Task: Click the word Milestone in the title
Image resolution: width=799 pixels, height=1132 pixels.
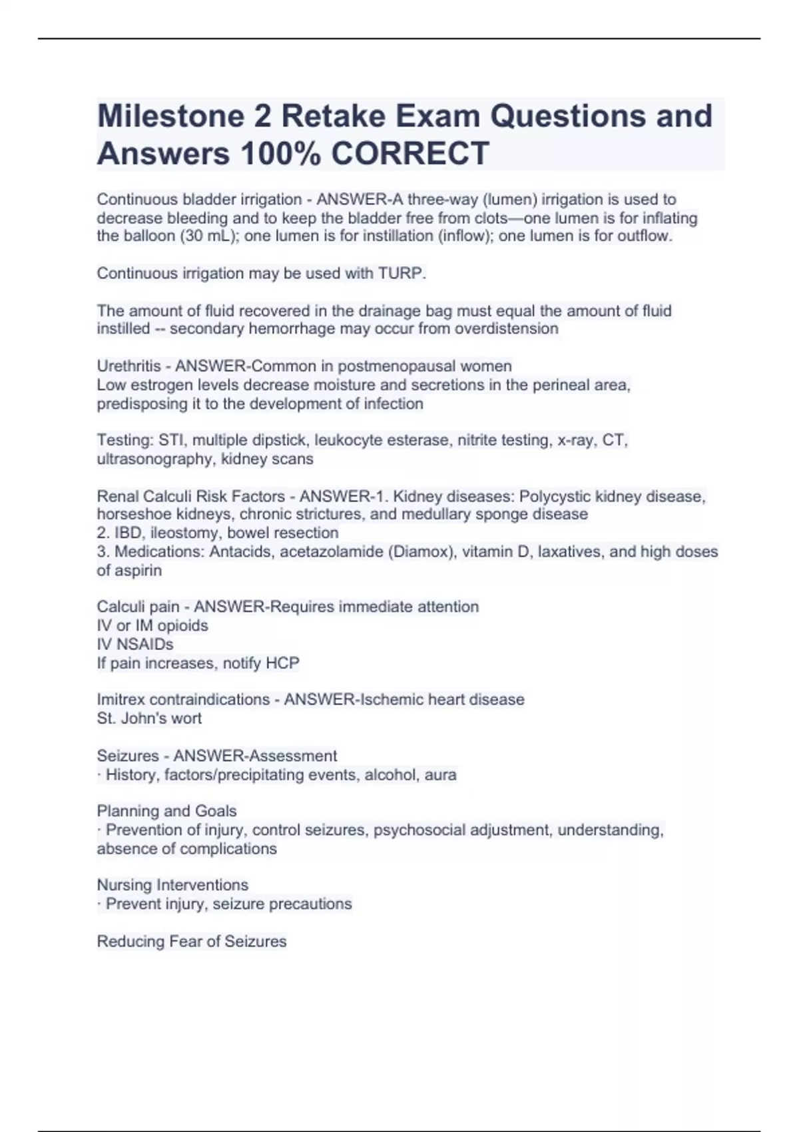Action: (170, 116)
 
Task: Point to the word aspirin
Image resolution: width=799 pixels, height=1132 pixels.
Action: (138, 571)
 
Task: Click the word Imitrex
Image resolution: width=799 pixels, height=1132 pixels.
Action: (121, 700)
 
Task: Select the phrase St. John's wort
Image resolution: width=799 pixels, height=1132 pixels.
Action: (149, 718)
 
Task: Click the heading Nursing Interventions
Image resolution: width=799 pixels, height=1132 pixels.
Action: (172, 885)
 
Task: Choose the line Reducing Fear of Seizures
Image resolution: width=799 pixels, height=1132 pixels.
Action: (192, 942)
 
